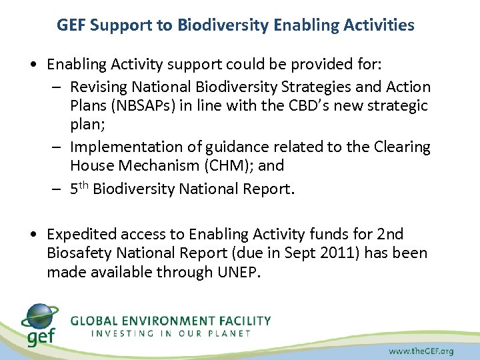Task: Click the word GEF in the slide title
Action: (71, 25)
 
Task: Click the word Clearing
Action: (403, 147)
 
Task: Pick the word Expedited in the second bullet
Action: (78, 234)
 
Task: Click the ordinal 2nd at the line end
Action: (389, 234)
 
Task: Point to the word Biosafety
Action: (77, 254)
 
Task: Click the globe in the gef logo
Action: (39, 315)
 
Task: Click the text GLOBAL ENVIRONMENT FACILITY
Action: (171, 321)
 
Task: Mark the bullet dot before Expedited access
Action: (33, 234)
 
